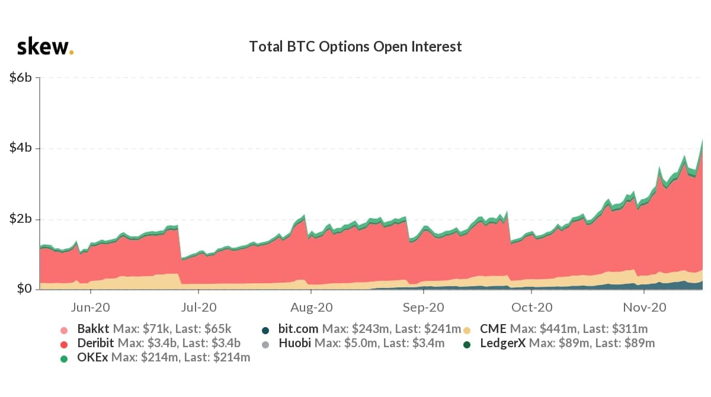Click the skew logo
click(45, 47)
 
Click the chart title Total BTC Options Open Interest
click(355, 46)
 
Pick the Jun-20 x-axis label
click(90, 308)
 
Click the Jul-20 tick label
click(198, 308)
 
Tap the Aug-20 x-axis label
click(312, 308)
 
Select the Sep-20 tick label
click(423, 308)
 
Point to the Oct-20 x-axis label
click(532, 308)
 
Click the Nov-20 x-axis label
click(644, 308)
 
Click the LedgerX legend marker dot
click(467, 344)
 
